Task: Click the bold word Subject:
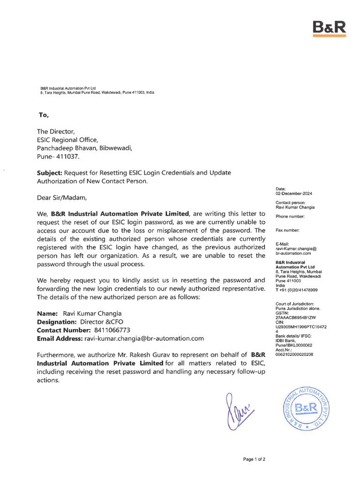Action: click(49, 172)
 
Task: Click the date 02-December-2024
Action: click(294, 194)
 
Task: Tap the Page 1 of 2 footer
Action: click(254, 459)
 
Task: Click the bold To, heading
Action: click(43, 115)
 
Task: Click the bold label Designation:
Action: click(57, 322)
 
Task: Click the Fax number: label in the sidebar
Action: click(287, 230)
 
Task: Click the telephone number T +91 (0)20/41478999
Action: click(296, 290)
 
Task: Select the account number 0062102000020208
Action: click(294, 354)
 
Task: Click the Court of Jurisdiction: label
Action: click(295, 304)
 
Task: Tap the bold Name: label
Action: click(47, 313)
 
